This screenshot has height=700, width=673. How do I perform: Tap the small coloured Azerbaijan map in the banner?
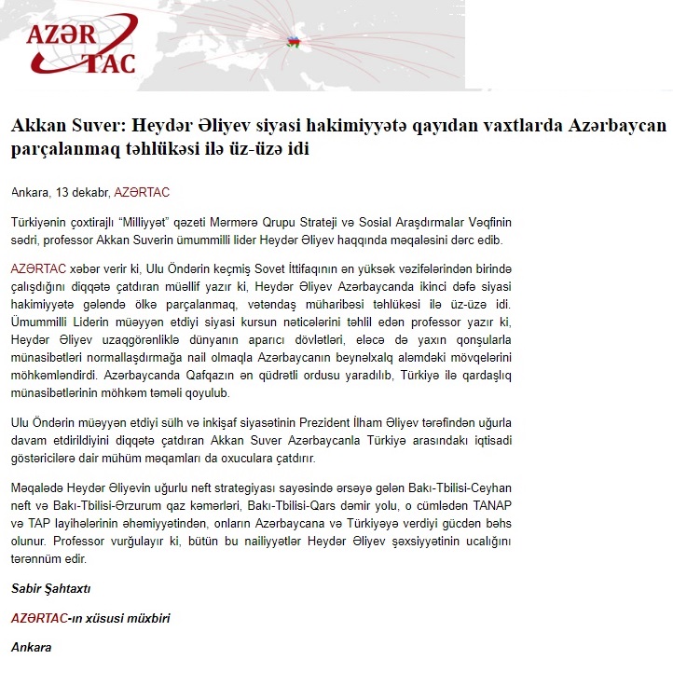click(x=295, y=43)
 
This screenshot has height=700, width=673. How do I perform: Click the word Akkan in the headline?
click(x=37, y=126)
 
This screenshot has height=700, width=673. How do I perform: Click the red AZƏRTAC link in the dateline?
click(x=141, y=193)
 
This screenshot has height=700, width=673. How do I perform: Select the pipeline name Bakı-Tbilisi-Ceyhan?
click(x=453, y=488)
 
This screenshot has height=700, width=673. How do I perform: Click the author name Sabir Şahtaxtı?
click(x=50, y=588)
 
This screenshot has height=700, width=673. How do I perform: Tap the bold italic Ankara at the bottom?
click(x=31, y=647)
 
